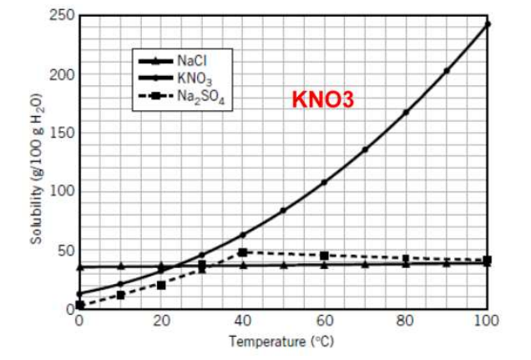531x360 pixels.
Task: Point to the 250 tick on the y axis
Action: click(64, 16)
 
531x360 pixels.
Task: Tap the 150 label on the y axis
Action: click(64, 133)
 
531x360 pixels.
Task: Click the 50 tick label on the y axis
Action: click(67, 251)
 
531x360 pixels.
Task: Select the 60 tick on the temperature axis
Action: click(324, 320)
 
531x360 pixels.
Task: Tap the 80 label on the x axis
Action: click(406, 320)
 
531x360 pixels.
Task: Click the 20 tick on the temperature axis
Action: click(161, 320)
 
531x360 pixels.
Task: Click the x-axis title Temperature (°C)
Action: click(283, 342)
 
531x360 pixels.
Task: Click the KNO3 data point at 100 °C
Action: click(488, 24)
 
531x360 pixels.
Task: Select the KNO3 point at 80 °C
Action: click(406, 112)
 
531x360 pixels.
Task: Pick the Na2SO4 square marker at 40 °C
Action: click(242, 252)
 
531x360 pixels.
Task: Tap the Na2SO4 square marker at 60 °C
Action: click(324, 256)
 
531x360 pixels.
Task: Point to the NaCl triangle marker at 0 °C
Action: click(79, 266)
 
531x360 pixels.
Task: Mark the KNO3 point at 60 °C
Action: click(324, 182)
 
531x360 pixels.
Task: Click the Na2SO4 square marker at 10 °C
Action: click(120, 295)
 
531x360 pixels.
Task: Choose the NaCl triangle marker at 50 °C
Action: click(283, 265)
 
